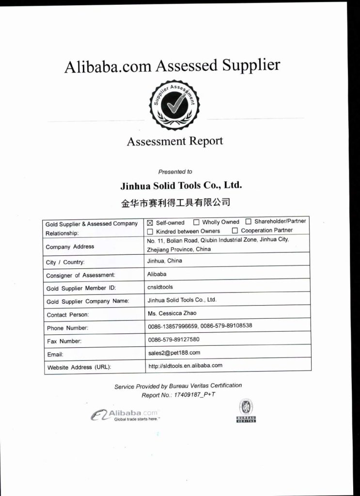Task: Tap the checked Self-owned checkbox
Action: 150,223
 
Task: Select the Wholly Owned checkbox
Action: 196,223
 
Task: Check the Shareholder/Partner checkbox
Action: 248,222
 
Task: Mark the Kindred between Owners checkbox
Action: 150,232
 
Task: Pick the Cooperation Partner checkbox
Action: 235,231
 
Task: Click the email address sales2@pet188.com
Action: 173,353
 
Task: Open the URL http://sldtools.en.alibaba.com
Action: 185,365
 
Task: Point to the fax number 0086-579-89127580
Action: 173,340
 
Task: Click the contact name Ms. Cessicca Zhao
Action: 172,313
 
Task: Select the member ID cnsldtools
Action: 160,287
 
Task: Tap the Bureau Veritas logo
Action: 246,410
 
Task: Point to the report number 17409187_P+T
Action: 196,395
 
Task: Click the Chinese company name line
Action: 175,202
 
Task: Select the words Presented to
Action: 175,171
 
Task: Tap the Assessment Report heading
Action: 175,141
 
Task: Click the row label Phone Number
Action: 67,328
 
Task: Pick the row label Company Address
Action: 70,247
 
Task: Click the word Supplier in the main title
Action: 251,65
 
